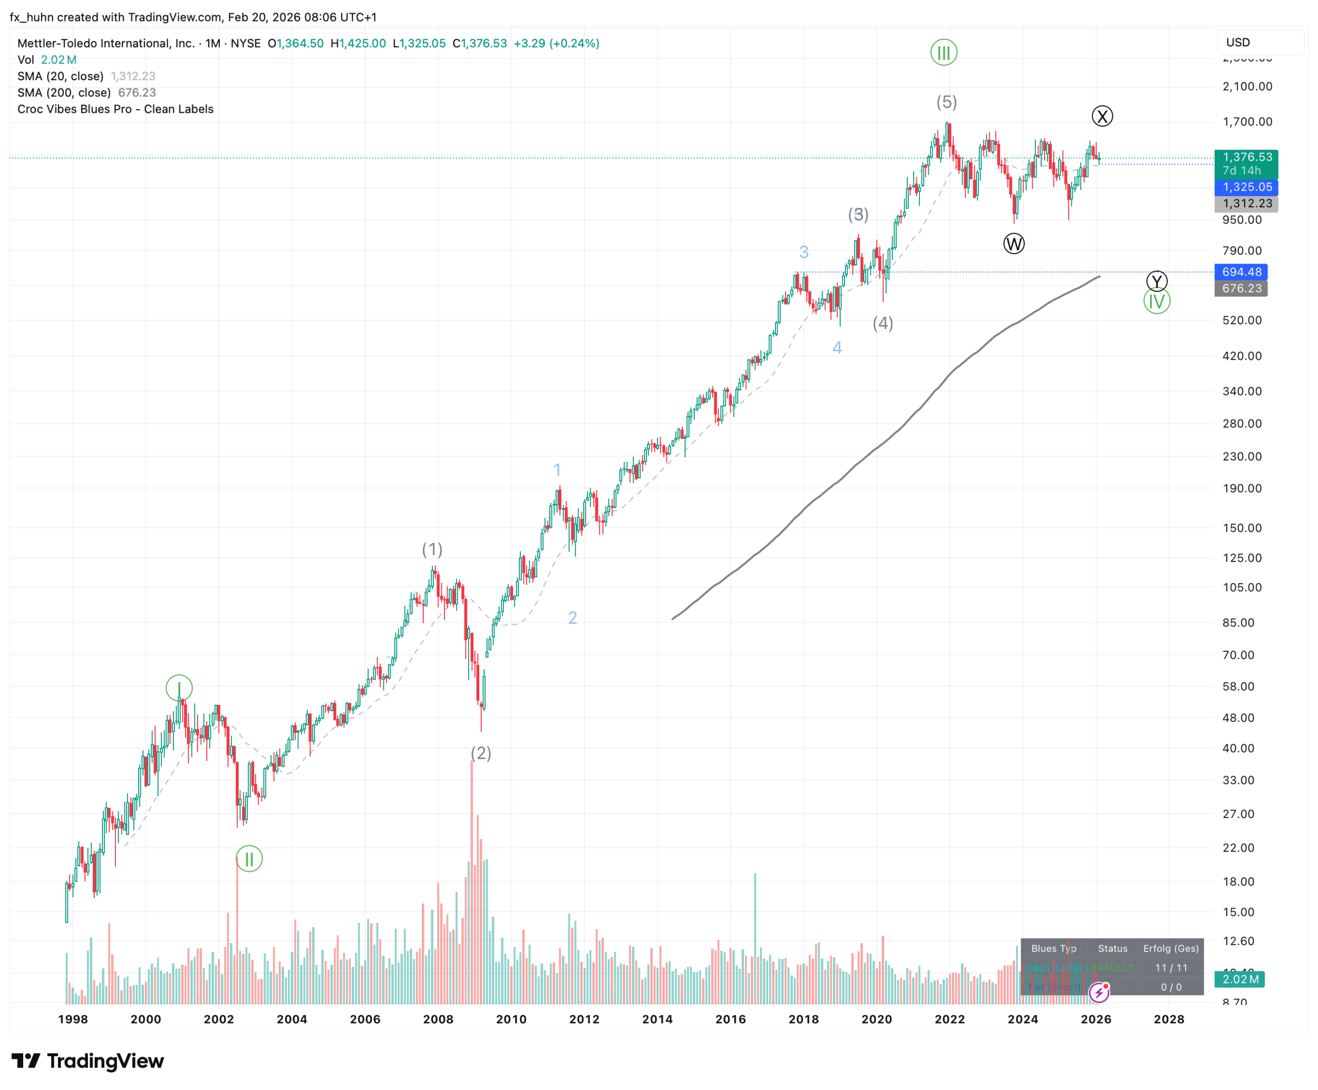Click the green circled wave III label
943,53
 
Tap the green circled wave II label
249,859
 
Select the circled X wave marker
1102,116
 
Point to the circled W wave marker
1014,244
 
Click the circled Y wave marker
1157,281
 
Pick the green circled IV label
1157,302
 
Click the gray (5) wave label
946,102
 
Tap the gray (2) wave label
481,753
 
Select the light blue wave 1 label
557,470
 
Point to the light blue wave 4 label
837,348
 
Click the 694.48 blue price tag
1242,272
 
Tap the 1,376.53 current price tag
1246,157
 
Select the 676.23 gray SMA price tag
1241,288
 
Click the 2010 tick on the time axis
511,1019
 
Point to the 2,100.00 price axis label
1247,86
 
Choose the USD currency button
1238,42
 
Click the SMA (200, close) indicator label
64,92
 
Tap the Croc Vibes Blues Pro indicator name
115,109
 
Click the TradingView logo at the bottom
88,1061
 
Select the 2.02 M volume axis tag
1239,979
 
